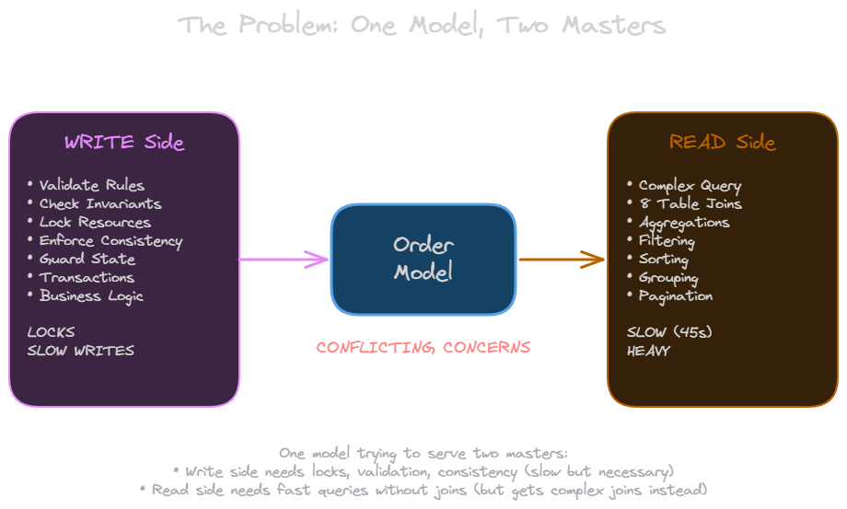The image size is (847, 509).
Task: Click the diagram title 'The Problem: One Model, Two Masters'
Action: click(423, 25)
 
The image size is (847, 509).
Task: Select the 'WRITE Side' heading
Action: click(124, 143)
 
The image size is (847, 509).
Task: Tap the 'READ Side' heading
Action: click(723, 143)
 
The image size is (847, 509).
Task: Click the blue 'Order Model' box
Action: click(423, 259)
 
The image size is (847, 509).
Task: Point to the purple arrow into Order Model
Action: click(284, 260)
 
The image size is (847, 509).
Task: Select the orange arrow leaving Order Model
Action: click(562, 260)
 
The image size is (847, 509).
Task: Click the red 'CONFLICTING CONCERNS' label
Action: click(423, 347)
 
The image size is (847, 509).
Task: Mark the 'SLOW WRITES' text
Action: click(80, 351)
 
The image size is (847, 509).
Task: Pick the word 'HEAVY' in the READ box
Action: click(648, 351)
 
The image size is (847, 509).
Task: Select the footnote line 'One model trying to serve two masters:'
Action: click(423, 453)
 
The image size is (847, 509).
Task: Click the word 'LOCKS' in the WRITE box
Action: click(51, 332)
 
